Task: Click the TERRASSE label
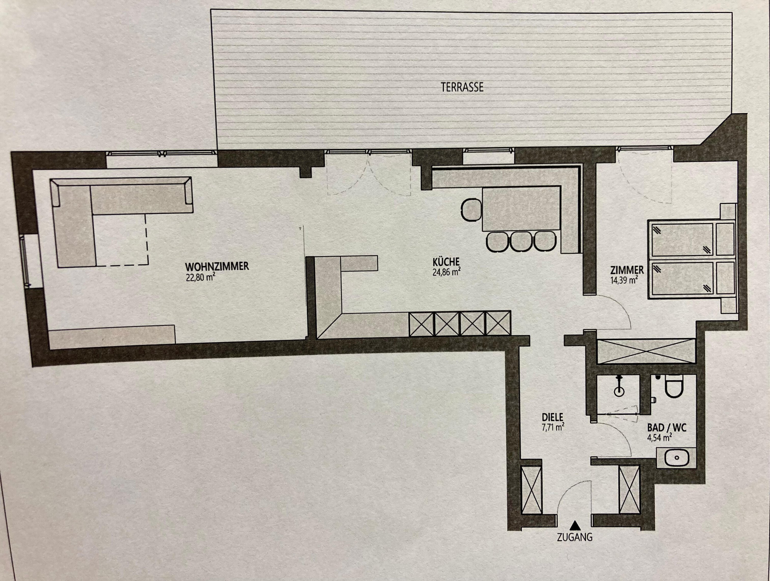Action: pos(462,87)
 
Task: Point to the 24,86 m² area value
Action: pos(447,272)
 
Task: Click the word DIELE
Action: pos(553,417)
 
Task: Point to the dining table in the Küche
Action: pos(521,209)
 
